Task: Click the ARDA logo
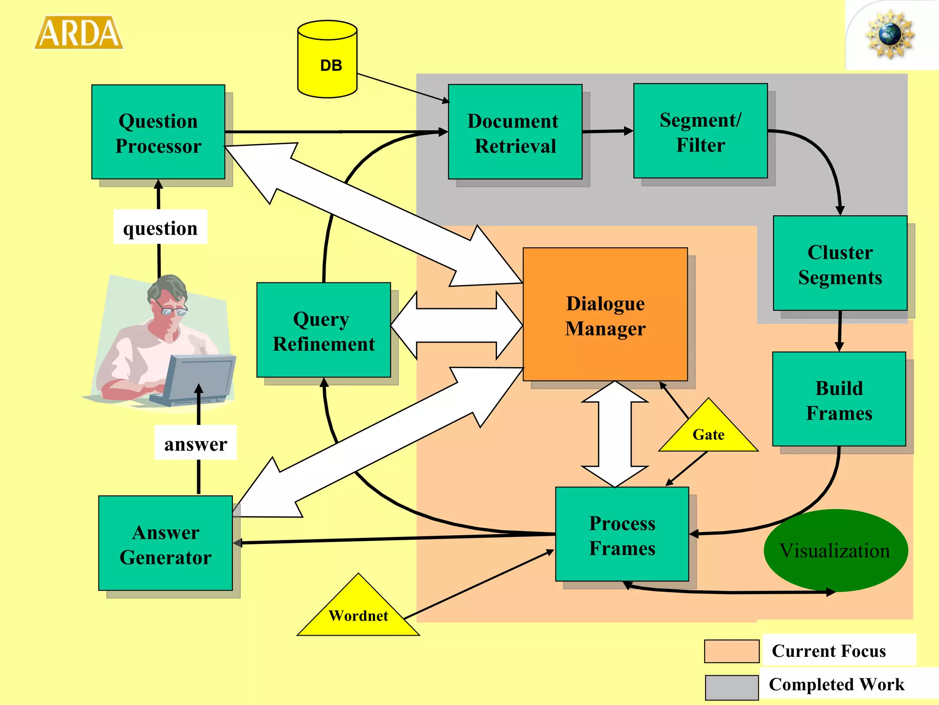click(79, 33)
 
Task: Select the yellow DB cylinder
click(327, 60)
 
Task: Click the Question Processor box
click(158, 132)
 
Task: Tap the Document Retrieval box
click(515, 132)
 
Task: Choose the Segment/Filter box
click(700, 131)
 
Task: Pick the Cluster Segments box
click(840, 263)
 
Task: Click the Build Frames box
click(839, 399)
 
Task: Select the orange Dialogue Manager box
click(605, 315)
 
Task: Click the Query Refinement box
click(324, 330)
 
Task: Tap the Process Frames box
click(622, 535)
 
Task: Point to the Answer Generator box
click(166, 543)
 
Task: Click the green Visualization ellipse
click(835, 550)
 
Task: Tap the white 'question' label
click(160, 227)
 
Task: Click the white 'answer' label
click(196, 443)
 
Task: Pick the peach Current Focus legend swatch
click(732, 651)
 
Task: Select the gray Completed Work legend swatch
click(732, 687)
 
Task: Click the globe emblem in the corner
click(889, 34)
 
